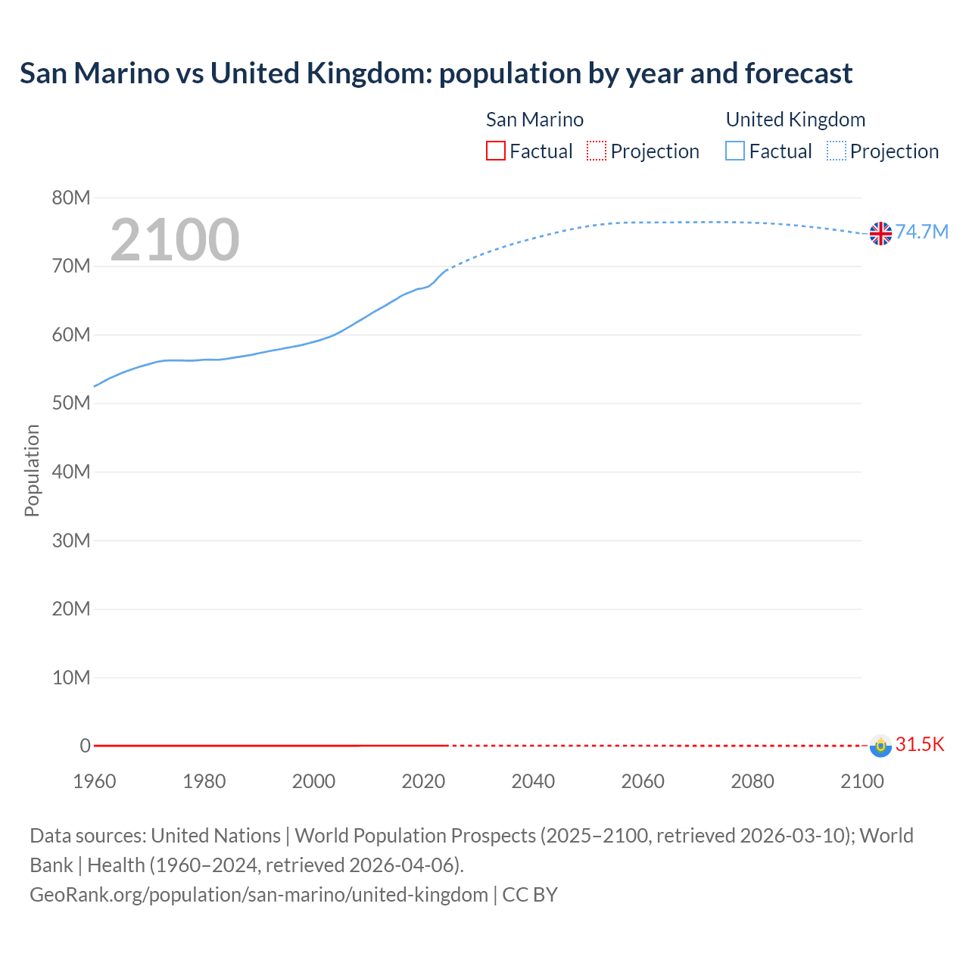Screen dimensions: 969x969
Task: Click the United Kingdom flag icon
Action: pos(880,233)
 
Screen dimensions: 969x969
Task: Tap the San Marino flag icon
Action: pos(880,746)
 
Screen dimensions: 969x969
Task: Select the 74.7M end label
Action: pos(922,232)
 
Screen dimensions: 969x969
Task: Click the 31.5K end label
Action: pos(920,744)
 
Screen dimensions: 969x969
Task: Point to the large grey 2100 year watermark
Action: pos(175,240)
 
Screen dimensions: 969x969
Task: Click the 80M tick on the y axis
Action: pos(71,198)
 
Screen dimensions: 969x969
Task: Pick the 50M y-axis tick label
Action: pos(71,403)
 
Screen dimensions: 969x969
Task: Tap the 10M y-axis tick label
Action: pos(71,678)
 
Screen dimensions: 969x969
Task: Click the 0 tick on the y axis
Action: pos(85,746)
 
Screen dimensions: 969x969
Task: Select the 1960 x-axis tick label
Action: pos(95,781)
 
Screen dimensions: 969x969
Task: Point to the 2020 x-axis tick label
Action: pos(423,781)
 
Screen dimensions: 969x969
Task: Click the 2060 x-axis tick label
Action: pos(643,781)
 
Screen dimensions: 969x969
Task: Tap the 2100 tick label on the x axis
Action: pos(862,781)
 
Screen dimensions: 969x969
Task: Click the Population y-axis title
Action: pos(32,470)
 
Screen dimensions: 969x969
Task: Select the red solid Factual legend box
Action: pos(496,151)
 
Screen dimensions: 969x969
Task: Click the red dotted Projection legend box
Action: pos(597,151)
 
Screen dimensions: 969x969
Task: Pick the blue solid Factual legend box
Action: pos(735,151)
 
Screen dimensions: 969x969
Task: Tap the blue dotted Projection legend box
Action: pos(836,151)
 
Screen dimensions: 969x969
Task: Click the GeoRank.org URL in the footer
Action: pos(259,895)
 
